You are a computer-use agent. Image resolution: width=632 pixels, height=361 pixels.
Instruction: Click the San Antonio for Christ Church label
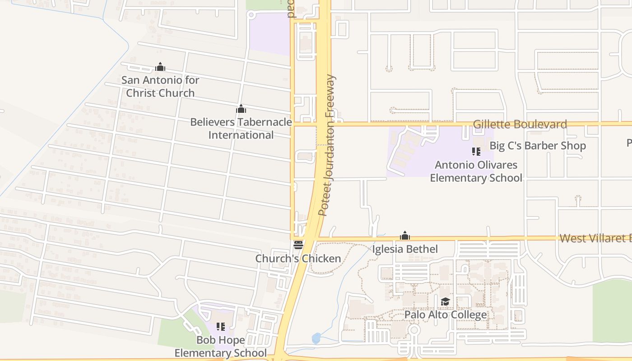[160, 87]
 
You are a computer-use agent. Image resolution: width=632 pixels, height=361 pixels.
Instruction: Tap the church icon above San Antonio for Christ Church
[160, 67]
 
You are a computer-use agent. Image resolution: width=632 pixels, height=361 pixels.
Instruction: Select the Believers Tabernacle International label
[241, 129]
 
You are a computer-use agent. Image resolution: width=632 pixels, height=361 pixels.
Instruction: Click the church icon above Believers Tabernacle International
[241, 109]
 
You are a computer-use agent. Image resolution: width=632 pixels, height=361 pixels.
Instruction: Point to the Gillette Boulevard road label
[520, 125]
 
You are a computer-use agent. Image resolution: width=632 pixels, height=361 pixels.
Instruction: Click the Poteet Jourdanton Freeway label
[328, 145]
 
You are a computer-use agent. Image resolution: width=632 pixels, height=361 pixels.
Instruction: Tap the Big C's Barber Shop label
[538, 146]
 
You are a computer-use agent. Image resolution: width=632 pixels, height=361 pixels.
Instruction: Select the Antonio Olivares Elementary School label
[476, 171]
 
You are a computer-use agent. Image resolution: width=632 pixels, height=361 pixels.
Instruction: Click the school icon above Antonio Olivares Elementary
[476, 152]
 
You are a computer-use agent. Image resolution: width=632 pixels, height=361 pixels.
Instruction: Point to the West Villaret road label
[595, 238]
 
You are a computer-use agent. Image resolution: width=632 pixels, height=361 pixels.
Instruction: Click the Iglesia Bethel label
[405, 249]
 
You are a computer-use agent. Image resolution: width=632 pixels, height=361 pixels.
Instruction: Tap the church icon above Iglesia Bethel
[405, 236]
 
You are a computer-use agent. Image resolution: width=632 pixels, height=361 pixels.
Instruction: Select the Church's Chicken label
[298, 259]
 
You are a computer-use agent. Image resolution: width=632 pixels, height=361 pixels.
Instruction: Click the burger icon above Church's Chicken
[298, 245]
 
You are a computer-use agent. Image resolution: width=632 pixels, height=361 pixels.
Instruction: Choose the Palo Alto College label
[446, 315]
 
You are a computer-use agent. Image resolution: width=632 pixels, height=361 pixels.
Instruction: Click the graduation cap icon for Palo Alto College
[445, 301]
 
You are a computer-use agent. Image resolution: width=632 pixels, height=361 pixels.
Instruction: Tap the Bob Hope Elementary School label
[221, 347]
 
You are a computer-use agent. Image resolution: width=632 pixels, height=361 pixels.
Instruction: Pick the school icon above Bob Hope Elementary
[221, 326]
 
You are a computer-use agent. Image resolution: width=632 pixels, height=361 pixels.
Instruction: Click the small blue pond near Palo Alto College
[316, 338]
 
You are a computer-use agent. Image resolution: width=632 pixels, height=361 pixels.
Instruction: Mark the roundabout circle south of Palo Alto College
[414, 330]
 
